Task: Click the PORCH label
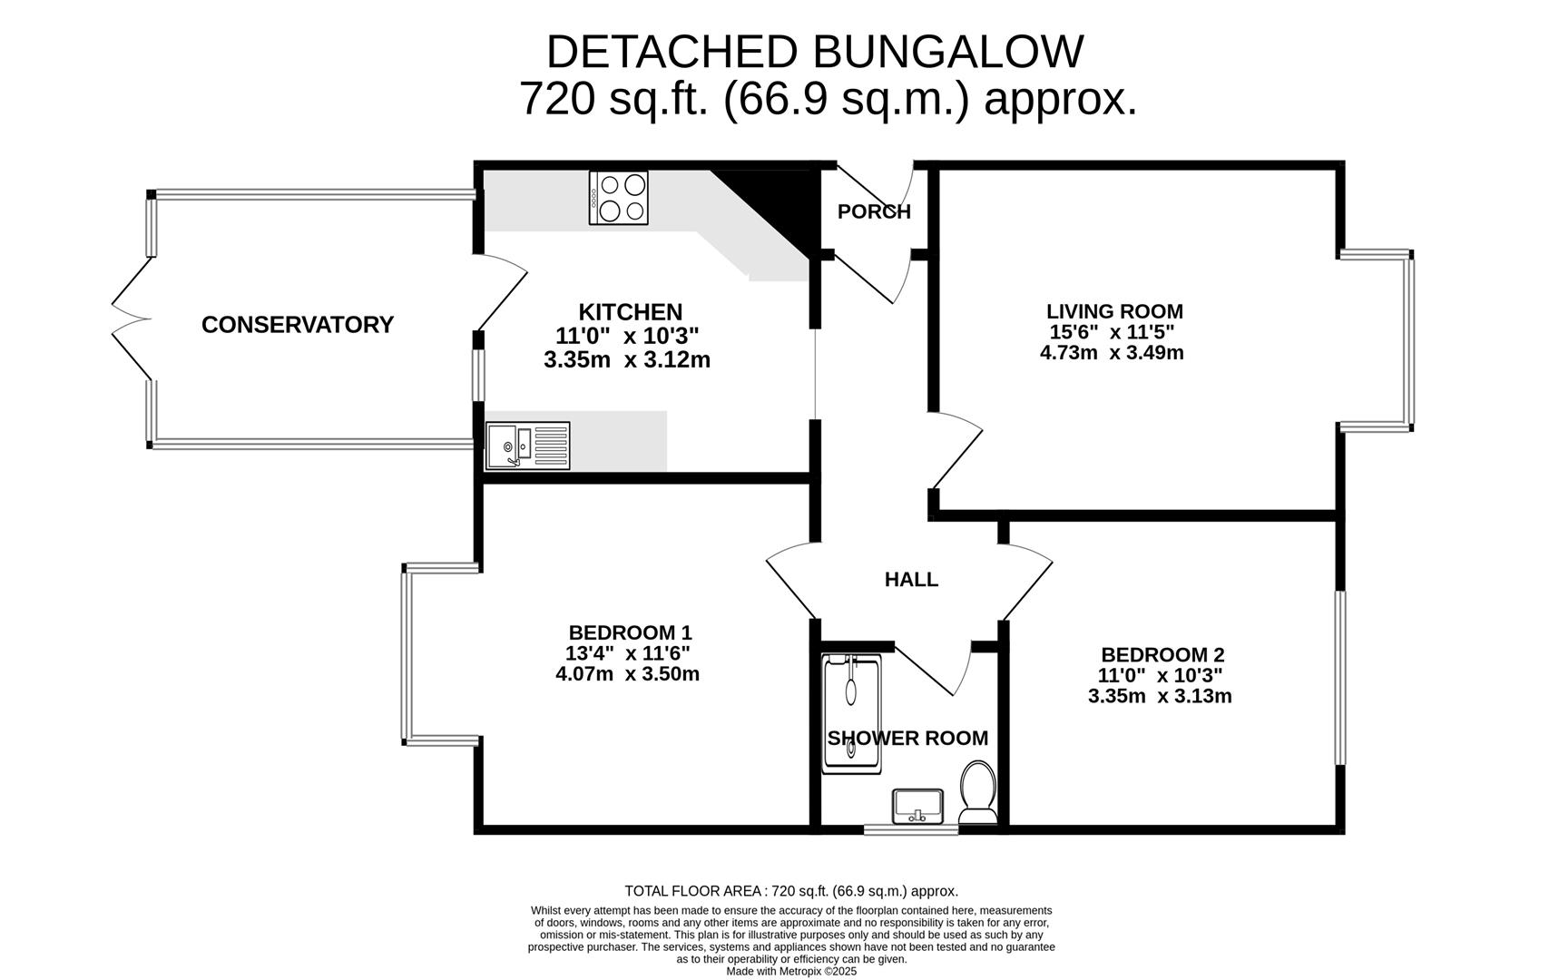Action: click(874, 211)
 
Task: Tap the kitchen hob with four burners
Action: click(618, 198)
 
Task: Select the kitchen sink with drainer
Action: click(527, 445)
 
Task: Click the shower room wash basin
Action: click(918, 805)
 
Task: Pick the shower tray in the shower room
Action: click(851, 714)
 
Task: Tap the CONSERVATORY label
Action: click(297, 324)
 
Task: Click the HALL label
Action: click(911, 579)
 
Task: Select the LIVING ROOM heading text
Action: click(1114, 311)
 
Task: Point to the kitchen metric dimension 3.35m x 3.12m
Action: click(627, 360)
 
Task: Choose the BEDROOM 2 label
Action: click(1162, 654)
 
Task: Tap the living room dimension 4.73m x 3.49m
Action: click(1112, 353)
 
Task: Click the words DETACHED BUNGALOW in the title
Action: click(814, 52)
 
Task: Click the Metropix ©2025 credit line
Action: click(791, 971)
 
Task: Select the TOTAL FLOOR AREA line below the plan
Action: click(791, 891)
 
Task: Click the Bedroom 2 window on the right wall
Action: click(1339, 678)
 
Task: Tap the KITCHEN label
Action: click(630, 312)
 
